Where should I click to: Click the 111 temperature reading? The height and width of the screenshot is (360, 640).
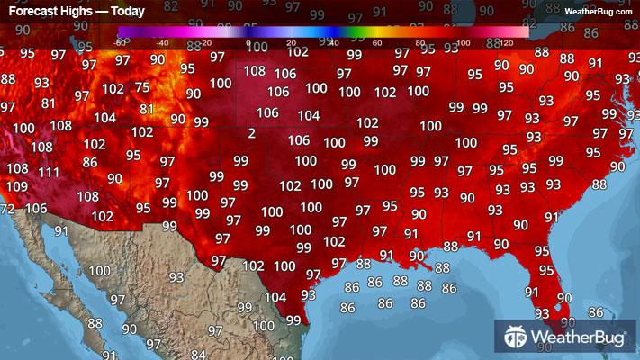(x=49, y=173)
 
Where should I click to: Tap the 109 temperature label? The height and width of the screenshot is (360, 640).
(x=16, y=186)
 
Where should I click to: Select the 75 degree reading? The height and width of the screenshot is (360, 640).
(x=141, y=87)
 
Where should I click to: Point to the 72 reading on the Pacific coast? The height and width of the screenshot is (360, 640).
(x=7, y=209)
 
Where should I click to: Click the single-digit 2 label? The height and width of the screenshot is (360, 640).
(x=251, y=133)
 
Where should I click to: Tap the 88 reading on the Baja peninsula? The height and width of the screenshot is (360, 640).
(x=95, y=323)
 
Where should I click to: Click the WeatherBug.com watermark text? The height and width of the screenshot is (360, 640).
(x=598, y=11)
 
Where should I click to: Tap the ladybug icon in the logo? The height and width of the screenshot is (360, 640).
(x=516, y=337)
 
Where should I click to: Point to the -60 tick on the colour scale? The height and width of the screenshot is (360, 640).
(x=121, y=42)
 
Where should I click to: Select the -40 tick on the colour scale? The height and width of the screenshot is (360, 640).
(x=162, y=42)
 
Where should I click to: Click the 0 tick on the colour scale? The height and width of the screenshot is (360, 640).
(x=248, y=42)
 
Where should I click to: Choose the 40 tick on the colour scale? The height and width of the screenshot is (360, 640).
(x=333, y=42)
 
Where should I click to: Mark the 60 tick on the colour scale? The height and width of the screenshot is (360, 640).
(x=376, y=42)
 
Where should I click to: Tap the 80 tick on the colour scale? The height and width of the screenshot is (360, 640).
(x=419, y=42)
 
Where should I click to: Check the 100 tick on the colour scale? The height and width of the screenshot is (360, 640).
(x=463, y=42)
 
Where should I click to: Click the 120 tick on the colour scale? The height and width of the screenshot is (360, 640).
(x=506, y=42)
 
